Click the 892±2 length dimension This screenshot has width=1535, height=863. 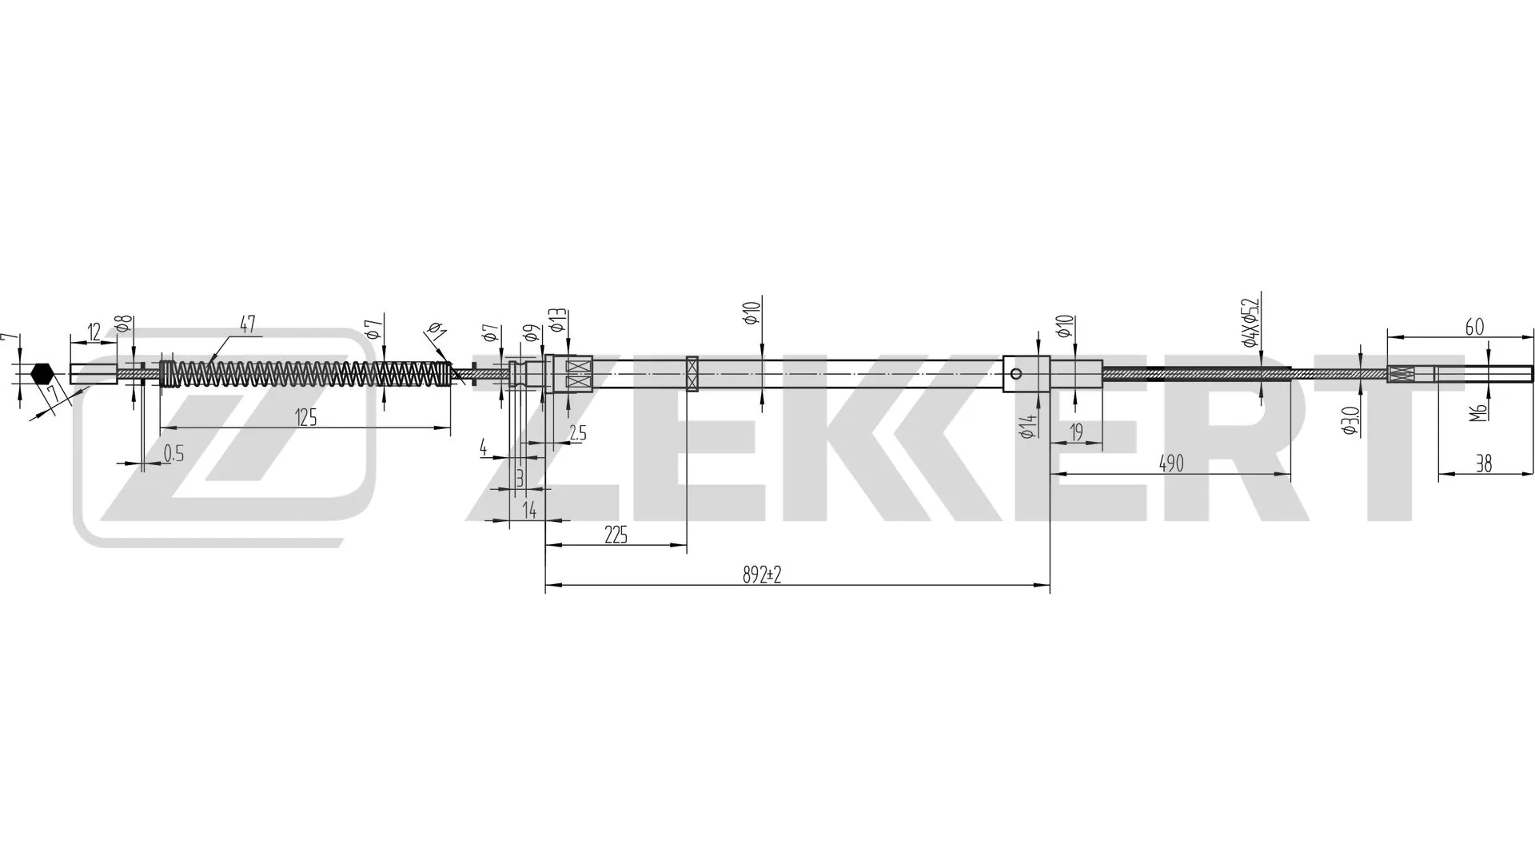pyautogui.click(x=761, y=575)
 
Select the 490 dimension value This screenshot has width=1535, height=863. pyautogui.click(x=1170, y=463)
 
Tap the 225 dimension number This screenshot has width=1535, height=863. pyautogui.click(x=616, y=535)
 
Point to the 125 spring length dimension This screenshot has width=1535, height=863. pyautogui.click(x=306, y=417)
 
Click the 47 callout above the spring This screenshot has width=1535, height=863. pyautogui.click(x=247, y=324)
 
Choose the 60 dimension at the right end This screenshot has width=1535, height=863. pyautogui.click(x=1474, y=327)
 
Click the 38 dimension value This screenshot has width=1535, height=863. pyautogui.click(x=1483, y=463)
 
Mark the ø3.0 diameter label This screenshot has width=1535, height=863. pyautogui.click(x=1351, y=420)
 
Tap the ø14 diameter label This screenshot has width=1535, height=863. pyautogui.click(x=1029, y=426)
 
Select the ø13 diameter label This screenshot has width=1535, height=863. pyautogui.click(x=557, y=321)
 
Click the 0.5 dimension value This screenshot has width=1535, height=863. pyautogui.click(x=173, y=454)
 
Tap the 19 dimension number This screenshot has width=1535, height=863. pyautogui.click(x=1076, y=432)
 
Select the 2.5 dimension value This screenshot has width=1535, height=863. pyautogui.click(x=577, y=433)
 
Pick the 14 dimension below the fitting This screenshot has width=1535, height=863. pyautogui.click(x=529, y=510)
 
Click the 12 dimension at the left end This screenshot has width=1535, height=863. pyautogui.click(x=94, y=332)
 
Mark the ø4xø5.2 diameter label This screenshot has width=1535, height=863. pyautogui.click(x=1250, y=322)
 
